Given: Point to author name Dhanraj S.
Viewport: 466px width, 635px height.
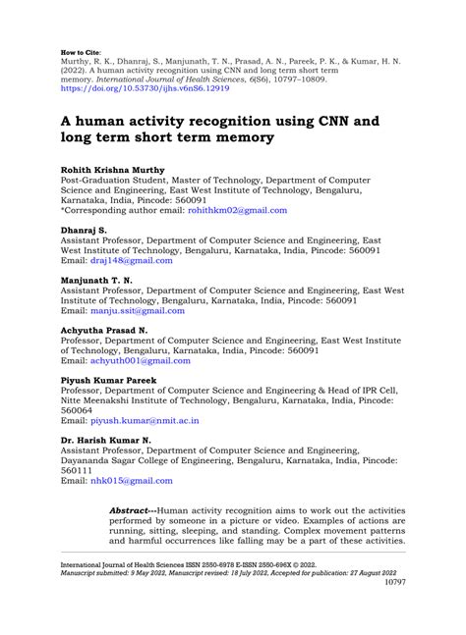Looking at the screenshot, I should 86,230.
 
